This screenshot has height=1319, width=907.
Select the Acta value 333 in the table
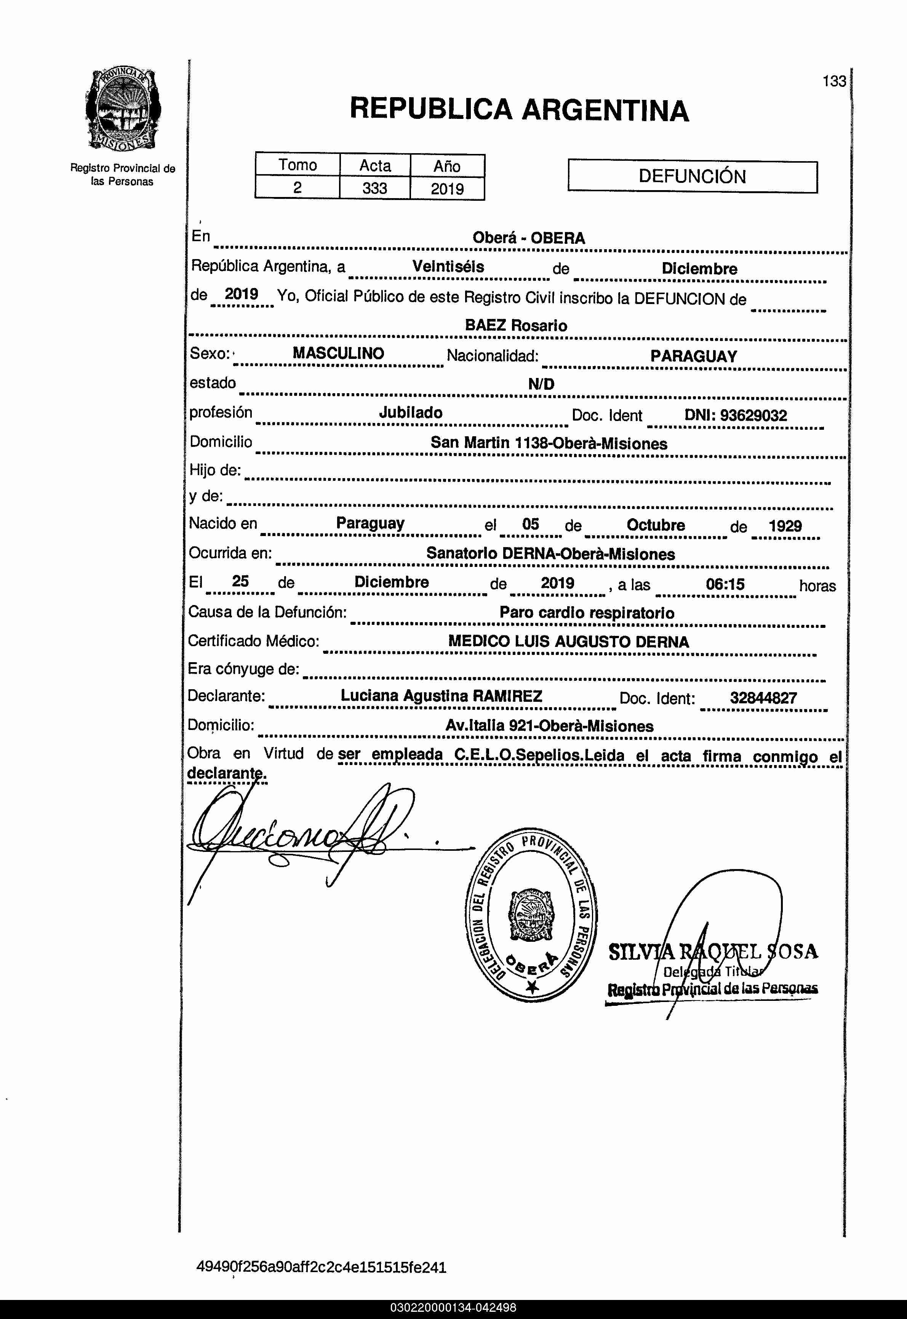coord(374,188)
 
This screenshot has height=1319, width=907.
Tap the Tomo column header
coord(297,165)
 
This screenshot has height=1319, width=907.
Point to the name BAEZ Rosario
coord(515,326)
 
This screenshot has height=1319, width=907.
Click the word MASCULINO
coord(338,354)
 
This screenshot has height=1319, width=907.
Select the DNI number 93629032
coord(753,415)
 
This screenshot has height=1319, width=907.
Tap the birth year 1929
coord(785,526)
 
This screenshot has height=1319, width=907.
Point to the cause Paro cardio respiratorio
coord(587,613)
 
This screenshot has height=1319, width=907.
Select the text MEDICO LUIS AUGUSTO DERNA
coord(568,642)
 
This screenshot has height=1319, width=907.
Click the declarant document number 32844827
coord(763,698)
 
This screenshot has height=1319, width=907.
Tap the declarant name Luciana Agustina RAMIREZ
coord(441,696)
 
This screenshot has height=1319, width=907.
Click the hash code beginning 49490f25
coord(321,1267)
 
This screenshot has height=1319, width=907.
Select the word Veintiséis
coord(448,267)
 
